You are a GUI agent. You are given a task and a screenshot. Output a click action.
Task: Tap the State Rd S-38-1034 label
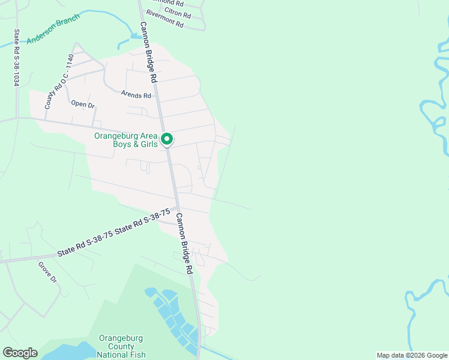click(17, 58)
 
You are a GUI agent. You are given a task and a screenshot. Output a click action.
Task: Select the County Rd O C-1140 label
click(58, 82)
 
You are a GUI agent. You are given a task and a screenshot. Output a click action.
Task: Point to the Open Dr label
click(83, 104)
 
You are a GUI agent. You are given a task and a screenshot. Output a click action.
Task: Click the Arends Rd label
click(136, 95)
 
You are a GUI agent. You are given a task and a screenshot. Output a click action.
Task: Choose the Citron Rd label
click(178, 13)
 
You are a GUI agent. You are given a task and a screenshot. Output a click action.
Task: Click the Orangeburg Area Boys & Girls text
click(125, 140)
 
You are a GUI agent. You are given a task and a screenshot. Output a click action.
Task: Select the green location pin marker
click(167, 139)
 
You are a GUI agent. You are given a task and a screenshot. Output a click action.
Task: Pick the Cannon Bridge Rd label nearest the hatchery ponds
click(184, 243)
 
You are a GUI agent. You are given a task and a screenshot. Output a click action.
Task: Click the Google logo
click(20, 353)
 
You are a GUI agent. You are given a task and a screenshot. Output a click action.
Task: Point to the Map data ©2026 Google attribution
click(411, 355)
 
